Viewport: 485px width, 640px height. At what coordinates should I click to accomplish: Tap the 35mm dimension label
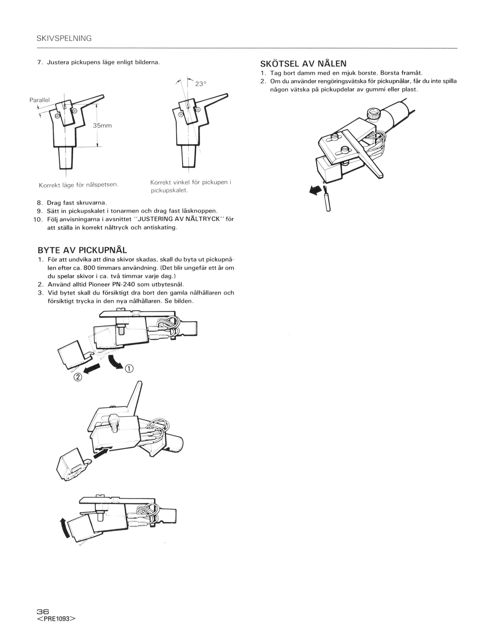[x=102, y=126]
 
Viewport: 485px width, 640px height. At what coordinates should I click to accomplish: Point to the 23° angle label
[x=201, y=84]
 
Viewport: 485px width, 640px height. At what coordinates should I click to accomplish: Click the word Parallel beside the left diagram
[x=40, y=100]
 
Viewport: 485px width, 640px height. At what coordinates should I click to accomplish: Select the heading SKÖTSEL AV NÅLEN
[x=303, y=63]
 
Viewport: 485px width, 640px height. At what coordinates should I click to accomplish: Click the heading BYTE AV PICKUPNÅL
[x=82, y=250]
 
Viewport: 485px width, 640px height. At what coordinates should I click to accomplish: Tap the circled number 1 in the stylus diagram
[x=129, y=368]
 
